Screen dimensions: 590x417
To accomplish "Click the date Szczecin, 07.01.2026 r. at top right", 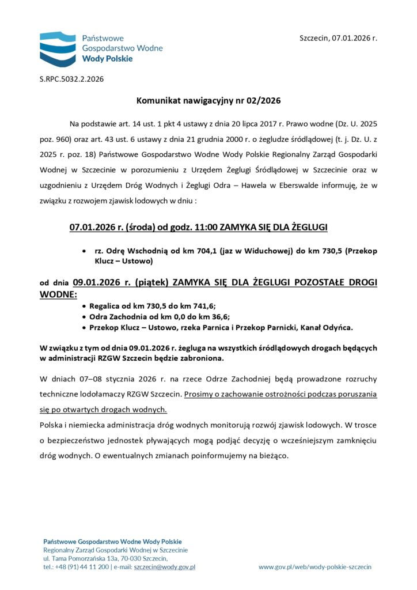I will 338,38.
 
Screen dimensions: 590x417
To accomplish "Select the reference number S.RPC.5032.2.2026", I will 71,78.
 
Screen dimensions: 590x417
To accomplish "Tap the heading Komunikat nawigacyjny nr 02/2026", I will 208,101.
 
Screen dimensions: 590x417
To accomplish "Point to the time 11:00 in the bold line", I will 206,228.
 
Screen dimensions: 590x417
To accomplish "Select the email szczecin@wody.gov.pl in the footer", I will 164,567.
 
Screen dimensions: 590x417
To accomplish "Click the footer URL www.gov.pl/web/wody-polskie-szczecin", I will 315,567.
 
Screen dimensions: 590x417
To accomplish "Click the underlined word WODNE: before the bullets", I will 58,294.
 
